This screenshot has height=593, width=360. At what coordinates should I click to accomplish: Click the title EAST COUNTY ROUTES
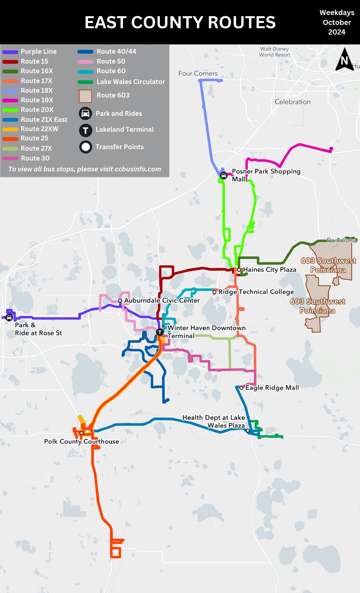(x=180, y=23)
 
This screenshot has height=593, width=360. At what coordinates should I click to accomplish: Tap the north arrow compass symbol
(x=344, y=60)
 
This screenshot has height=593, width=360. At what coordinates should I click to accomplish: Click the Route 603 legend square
(x=85, y=96)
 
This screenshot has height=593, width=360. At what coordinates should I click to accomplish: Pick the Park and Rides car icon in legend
(x=85, y=113)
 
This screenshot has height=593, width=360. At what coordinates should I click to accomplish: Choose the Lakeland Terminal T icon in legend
(x=85, y=130)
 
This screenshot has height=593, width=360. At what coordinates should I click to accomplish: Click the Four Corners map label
(x=198, y=74)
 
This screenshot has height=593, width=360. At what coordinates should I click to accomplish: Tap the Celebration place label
(x=292, y=102)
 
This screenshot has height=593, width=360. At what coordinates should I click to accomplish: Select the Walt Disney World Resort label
(x=274, y=52)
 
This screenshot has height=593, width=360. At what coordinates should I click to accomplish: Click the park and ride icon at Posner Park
(x=223, y=175)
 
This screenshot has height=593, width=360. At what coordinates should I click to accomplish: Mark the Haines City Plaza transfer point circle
(x=239, y=270)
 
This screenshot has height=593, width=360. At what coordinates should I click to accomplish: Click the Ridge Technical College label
(x=256, y=292)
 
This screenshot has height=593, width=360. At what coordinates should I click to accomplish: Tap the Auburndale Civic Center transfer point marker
(x=120, y=300)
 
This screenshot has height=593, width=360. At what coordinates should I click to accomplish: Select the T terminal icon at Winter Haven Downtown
(x=160, y=332)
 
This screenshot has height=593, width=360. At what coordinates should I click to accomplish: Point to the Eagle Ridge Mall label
(x=272, y=388)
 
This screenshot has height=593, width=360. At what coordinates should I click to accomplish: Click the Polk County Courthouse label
(x=82, y=441)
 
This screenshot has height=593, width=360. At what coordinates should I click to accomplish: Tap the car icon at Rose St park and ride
(x=9, y=318)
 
